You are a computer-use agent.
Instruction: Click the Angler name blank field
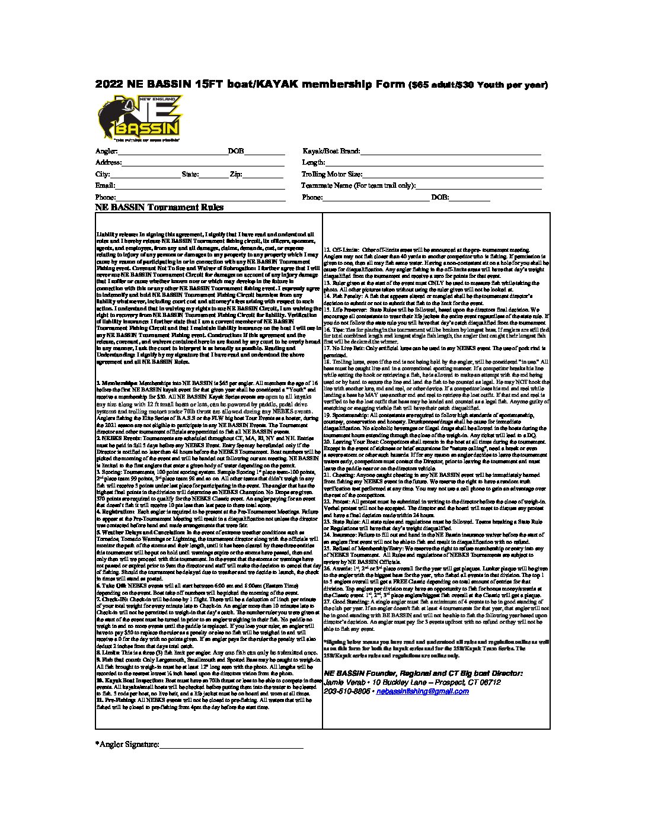173,153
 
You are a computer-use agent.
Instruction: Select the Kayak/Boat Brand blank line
451,153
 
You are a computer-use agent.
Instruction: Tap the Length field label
314,163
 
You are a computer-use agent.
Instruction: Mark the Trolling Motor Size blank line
453,175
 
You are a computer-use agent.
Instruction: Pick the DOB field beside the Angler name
264,153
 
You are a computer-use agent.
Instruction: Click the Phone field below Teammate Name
375,198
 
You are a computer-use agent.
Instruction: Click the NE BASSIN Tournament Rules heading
159,208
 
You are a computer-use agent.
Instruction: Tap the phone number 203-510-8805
347,691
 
